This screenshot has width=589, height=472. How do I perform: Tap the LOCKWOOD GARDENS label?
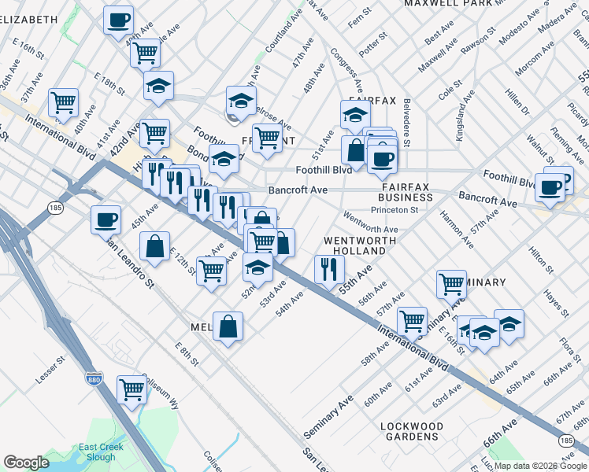click(411, 431)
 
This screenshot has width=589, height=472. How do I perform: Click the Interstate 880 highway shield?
click(94, 379)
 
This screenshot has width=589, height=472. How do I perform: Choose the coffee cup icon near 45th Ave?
click(106, 219)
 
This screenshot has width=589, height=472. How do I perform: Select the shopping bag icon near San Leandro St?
click(156, 246)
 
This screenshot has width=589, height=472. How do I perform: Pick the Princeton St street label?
click(413, 210)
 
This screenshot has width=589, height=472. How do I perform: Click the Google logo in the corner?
click(26, 463)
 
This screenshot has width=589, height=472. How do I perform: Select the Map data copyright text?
click(539, 466)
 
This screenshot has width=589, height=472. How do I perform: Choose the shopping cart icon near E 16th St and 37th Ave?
click(63, 101)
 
